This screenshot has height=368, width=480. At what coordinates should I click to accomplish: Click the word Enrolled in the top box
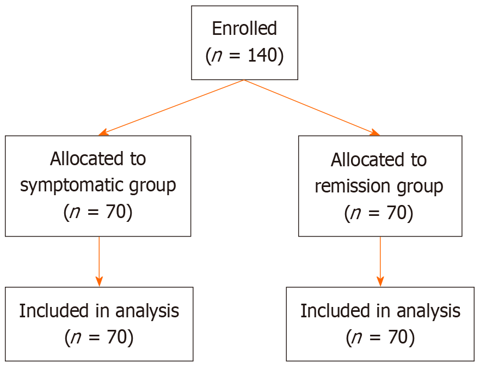(x=244, y=28)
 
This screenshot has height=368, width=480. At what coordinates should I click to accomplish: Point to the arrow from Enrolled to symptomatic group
(x=171, y=107)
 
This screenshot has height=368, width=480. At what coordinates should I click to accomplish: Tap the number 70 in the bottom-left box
(x=118, y=337)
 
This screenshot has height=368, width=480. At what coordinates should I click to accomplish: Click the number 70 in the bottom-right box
(x=399, y=337)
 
